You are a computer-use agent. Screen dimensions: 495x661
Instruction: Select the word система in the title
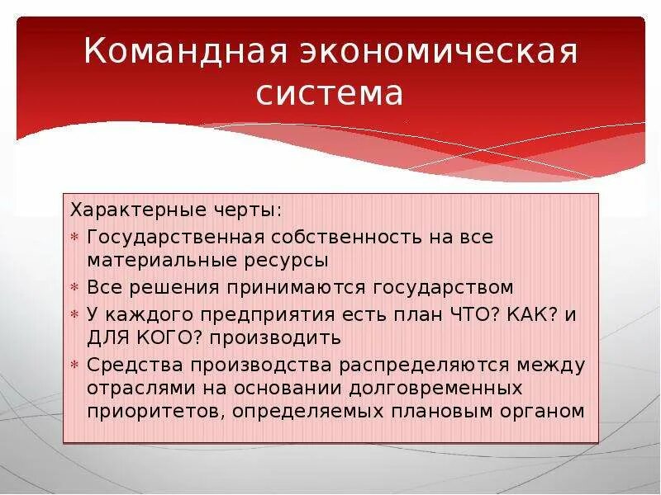point(330,93)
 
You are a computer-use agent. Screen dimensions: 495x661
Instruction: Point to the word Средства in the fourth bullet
point(134,365)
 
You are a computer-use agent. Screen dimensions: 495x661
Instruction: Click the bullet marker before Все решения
point(74,288)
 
